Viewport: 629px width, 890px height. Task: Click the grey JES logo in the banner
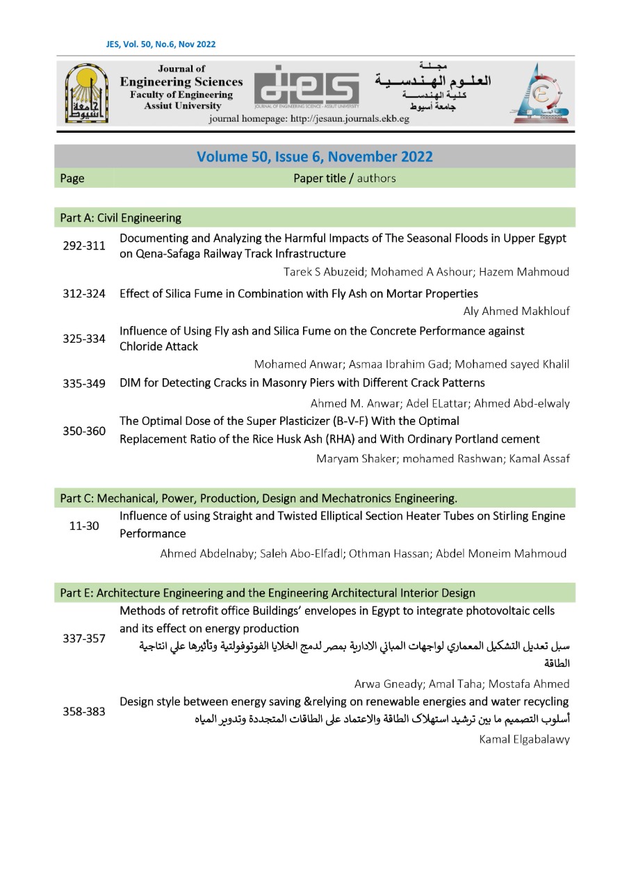(x=307, y=92)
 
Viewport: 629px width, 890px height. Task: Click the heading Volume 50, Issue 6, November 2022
(x=314, y=156)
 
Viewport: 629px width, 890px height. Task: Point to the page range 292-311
(x=84, y=246)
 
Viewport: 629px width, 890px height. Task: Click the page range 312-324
(x=84, y=293)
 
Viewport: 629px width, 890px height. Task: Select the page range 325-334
(x=84, y=339)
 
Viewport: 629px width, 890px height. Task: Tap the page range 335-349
(x=84, y=383)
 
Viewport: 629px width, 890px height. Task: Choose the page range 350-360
(x=84, y=430)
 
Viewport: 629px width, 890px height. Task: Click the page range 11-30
(x=84, y=526)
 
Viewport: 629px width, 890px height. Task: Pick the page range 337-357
(x=84, y=638)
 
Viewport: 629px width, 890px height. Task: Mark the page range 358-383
(x=84, y=711)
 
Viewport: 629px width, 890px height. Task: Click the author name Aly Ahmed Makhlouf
(x=516, y=311)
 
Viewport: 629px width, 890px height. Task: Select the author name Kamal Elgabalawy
(x=524, y=739)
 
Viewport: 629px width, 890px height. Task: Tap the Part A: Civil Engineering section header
(x=121, y=218)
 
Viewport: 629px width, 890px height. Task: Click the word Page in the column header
(x=72, y=178)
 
